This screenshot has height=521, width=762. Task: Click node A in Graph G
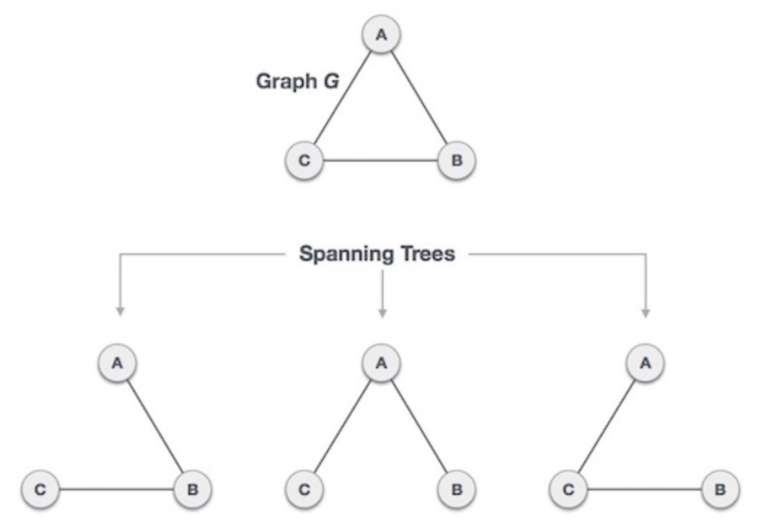coord(381,35)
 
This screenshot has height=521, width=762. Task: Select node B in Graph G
coord(457,160)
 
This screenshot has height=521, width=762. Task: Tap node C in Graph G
coord(304,160)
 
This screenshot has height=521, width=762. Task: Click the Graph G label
coord(297,82)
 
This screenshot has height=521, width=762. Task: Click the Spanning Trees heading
coord(377,254)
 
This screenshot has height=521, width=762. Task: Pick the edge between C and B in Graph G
coord(381,160)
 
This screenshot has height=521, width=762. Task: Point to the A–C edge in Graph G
coord(343,97)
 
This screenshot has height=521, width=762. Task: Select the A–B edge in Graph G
coord(419,97)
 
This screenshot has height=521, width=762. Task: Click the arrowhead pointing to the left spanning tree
coord(120,312)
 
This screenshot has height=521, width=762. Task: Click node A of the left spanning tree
coord(118,363)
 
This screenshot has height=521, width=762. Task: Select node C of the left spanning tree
coord(41,489)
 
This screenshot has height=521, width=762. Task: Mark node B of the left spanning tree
coord(193,489)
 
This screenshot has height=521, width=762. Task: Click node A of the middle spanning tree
coord(381,363)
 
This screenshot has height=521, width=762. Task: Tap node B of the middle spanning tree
coord(457,489)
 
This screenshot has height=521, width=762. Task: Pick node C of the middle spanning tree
coord(305,489)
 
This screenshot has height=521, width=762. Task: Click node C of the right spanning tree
coord(568,489)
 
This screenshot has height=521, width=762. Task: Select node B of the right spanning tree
coord(721,489)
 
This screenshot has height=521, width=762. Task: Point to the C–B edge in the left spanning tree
coord(117,489)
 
